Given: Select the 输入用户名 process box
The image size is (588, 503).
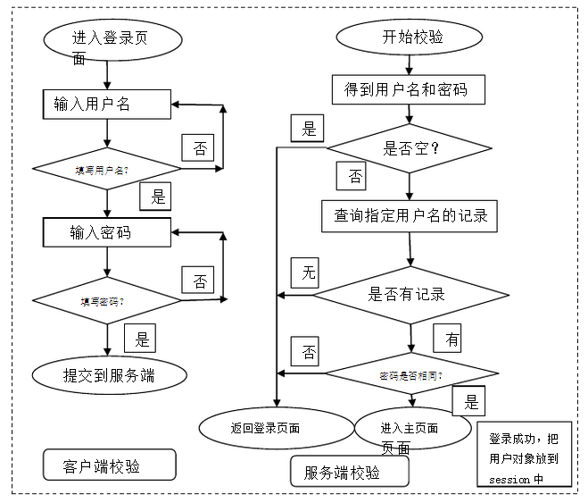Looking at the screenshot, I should point(106,105).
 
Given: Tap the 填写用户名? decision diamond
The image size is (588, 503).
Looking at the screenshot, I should point(106,168).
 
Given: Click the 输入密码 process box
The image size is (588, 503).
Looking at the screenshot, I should point(106,233).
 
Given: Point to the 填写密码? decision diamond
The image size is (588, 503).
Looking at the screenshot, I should point(106,300).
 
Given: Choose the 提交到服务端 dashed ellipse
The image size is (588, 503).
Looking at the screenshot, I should point(110,375).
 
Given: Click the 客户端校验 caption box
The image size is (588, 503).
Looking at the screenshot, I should point(108,465).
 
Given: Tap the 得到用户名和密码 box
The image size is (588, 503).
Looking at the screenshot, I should point(410,90).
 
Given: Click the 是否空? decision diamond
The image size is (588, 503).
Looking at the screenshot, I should point(410,148).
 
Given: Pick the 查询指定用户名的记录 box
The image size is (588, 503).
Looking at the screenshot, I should point(410,215).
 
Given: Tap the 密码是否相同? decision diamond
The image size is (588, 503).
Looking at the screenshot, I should point(410,373).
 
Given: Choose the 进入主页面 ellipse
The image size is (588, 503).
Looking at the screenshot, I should point(410,428).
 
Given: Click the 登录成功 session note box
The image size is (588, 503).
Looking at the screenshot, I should point(528,458).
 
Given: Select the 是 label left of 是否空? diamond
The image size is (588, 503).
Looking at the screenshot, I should point(309,129).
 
